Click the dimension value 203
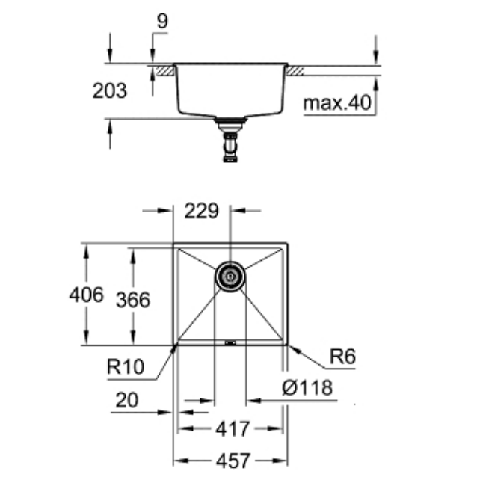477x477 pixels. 109,91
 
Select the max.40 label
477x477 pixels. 337,103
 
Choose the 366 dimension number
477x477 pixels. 133,300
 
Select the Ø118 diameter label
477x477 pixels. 307,388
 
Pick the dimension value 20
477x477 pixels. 129,401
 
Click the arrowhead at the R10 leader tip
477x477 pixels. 175,346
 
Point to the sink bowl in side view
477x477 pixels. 231,90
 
